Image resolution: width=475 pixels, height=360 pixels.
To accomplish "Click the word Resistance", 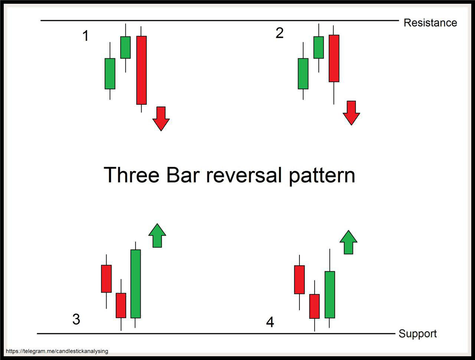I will click(x=430, y=23).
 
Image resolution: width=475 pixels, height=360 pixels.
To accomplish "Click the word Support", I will click(x=417, y=334).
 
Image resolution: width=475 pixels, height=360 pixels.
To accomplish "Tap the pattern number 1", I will click(x=85, y=36).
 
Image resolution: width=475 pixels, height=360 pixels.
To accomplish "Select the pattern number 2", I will click(x=279, y=33).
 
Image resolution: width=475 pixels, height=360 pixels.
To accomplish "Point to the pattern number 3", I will click(x=76, y=319).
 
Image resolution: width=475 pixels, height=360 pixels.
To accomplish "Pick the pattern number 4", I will click(x=270, y=322).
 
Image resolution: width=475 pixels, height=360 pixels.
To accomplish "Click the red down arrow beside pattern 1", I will click(x=161, y=118).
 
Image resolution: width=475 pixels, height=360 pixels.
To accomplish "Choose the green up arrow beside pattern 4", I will click(x=348, y=242).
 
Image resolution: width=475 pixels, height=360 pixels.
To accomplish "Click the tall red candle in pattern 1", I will click(x=141, y=70).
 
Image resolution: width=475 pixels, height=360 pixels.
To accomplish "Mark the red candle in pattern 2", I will click(x=334, y=58).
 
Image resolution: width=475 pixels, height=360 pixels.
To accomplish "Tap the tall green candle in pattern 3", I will click(x=135, y=284).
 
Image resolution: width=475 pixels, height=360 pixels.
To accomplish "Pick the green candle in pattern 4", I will click(x=330, y=295).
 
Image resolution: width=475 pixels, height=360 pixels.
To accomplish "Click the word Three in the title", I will click(x=131, y=175).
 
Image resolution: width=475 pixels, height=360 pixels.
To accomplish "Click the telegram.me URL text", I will click(x=57, y=351).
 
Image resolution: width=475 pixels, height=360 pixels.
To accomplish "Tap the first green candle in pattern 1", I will click(x=110, y=73).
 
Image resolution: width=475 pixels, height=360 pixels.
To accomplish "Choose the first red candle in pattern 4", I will click(x=299, y=279).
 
